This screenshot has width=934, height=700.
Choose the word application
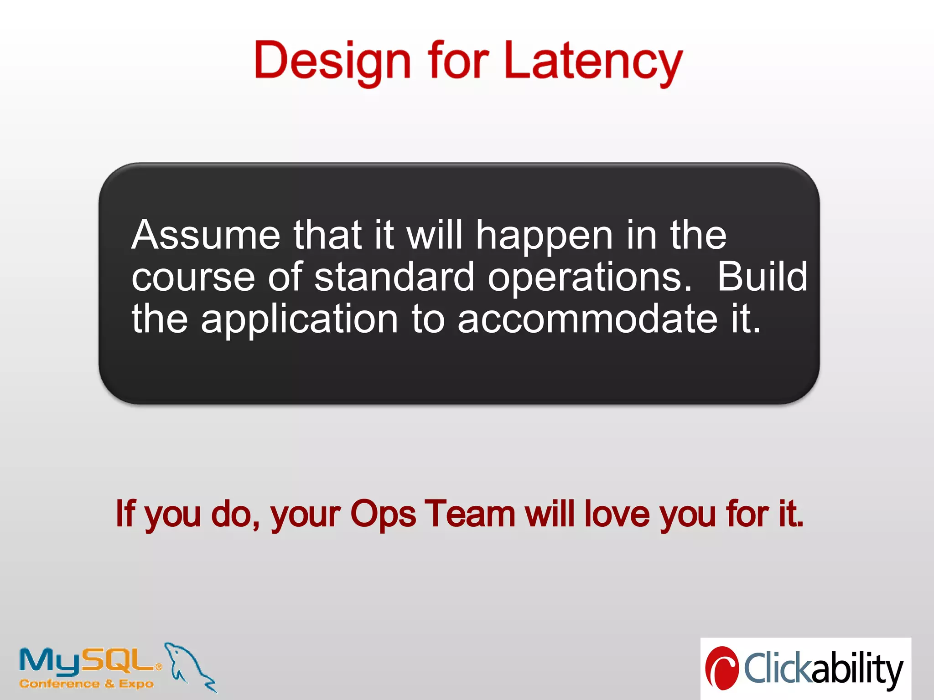tap(300, 320)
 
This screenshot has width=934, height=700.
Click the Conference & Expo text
tap(87, 684)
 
